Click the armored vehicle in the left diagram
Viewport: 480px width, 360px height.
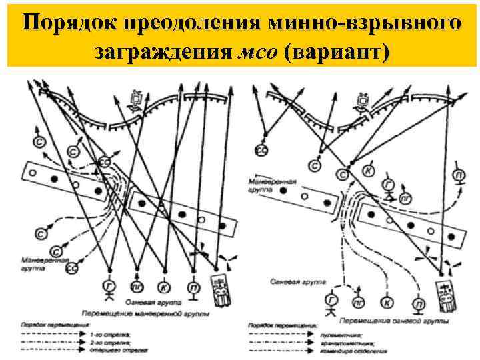(219, 289)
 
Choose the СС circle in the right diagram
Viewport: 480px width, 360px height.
(262, 152)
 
